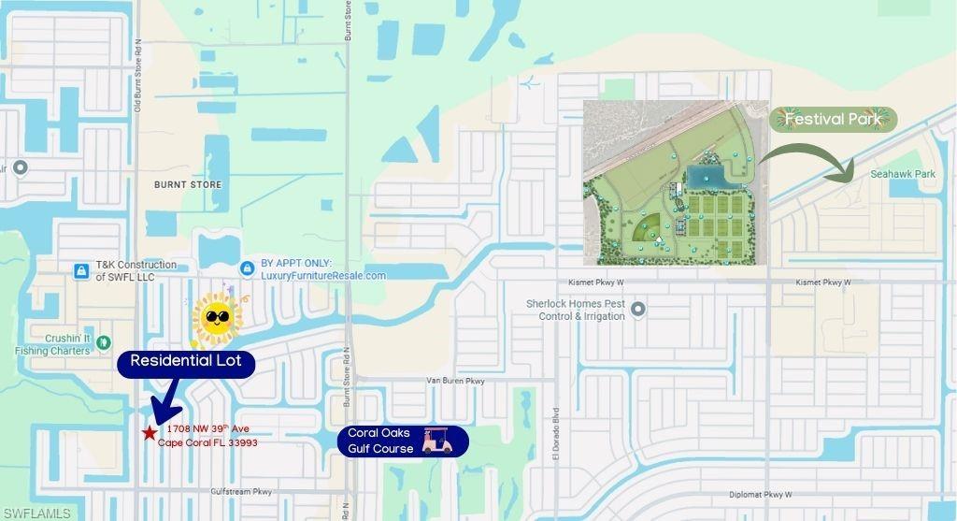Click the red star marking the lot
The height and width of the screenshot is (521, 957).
(x=150, y=433)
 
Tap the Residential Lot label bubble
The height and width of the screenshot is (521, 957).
(x=186, y=361)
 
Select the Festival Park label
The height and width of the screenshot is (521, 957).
(x=834, y=120)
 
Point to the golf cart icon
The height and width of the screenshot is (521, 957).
(x=436, y=441)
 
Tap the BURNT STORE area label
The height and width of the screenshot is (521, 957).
(x=188, y=185)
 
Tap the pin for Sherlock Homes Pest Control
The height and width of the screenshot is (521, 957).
(x=638, y=309)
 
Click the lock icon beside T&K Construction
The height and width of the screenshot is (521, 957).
(x=81, y=271)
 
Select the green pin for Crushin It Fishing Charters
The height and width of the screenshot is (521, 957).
(x=104, y=343)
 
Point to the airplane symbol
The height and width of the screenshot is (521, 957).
(x=532, y=82)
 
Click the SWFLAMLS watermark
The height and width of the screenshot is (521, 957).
(x=36, y=513)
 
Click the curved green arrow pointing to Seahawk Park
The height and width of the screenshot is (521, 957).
(x=809, y=158)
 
